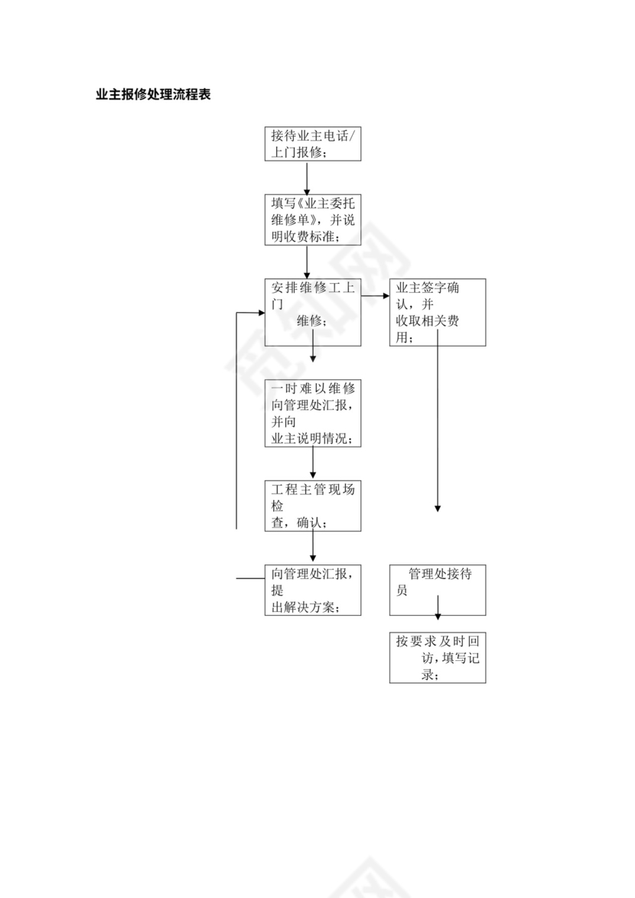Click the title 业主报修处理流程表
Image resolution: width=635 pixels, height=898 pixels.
coord(153,96)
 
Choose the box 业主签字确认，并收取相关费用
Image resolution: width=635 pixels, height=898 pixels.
coord(437,311)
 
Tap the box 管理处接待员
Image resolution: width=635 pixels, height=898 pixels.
coord(437,590)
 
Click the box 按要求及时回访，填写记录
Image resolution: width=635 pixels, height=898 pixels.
coord(437,658)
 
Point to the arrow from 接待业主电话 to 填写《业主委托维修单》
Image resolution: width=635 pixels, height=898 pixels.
coord(307,177)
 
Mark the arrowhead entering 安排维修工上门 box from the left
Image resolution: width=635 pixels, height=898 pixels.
coord(260,312)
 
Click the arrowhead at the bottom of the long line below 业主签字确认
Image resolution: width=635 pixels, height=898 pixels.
coord(438,507)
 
